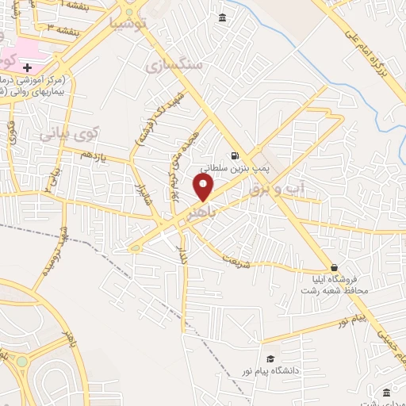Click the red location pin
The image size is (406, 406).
point(204,189)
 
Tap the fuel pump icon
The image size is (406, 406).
point(233,155)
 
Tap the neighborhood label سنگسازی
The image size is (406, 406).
point(174,64)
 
